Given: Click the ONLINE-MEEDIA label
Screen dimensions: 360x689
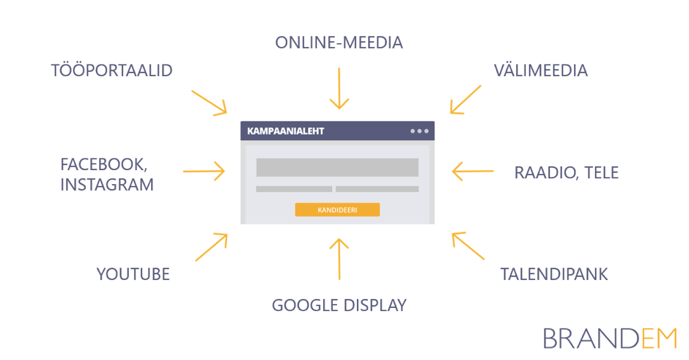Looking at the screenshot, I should [x=339, y=43].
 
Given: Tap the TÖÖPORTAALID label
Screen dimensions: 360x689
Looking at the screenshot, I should [x=111, y=70].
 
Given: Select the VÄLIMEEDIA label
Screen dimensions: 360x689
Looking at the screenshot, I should [x=540, y=70].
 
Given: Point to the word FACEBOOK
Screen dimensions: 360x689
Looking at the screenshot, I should [x=108, y=163].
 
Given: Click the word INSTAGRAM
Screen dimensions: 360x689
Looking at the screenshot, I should [x=107, y=184].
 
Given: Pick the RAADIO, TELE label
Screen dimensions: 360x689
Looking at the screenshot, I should [x=567, y=173].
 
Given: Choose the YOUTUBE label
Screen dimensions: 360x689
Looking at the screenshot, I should [x=133, y=274].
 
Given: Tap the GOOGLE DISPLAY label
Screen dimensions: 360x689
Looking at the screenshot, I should [x=339, y=305].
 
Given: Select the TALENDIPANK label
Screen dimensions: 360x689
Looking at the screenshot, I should [x=554, y=274].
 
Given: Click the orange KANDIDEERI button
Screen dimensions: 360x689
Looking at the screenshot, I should [x=337, y=210].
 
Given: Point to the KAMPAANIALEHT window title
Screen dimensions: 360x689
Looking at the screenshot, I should [x=286, y=131].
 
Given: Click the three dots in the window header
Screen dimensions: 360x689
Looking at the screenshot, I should [x=419, y=131].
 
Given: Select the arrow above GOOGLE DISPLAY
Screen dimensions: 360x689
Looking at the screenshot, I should [x=339, y=258].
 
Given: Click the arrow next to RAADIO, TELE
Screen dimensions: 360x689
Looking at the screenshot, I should [x=473, y=172].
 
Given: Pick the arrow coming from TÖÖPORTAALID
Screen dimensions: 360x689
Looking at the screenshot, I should [x=209, y=102].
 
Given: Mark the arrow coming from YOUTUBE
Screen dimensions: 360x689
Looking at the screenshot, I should [x=212, y=246].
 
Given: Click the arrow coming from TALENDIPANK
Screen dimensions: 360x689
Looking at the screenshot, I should [x=468, y=246].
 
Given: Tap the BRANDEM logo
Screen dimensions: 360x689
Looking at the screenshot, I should [x=610, y=338].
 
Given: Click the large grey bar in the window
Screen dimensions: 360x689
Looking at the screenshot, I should [x=337, y=167].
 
